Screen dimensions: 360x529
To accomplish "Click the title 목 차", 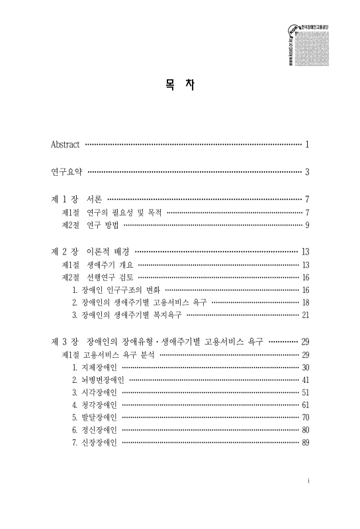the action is click(180, 87).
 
